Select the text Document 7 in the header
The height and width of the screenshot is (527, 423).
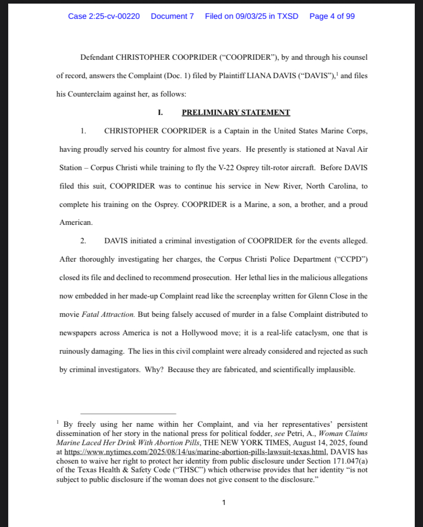click(x=172, y=16)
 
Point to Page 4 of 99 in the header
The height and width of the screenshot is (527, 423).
click(x=332, y=16)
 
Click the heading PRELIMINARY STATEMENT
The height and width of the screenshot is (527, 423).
click(x=236, y=112)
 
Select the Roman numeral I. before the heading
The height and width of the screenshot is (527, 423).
click(x=160, y=112)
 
